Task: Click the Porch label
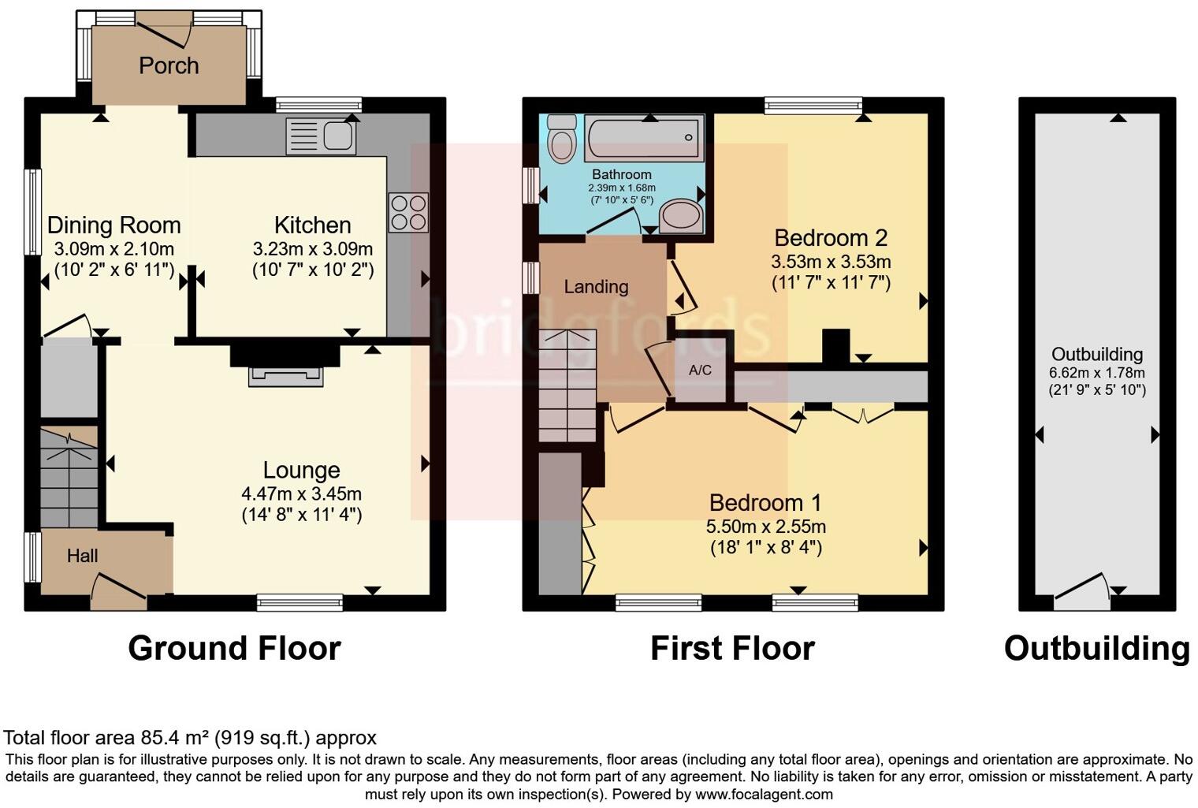tap(169, 65)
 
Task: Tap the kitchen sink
tap(321, 136)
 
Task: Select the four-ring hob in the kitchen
tap(408, 212)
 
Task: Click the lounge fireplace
tap(285, 376)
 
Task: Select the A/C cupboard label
tap(700, 370)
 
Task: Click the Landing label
tap(596, 287)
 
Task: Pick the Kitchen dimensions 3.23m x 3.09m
tap(313, 249)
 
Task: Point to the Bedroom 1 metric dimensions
tap(765, 527)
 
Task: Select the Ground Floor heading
tap(234, 648)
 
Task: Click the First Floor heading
tap(732, 648)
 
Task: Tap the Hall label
tap(82, 556)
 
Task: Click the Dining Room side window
tap(32, 212)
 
